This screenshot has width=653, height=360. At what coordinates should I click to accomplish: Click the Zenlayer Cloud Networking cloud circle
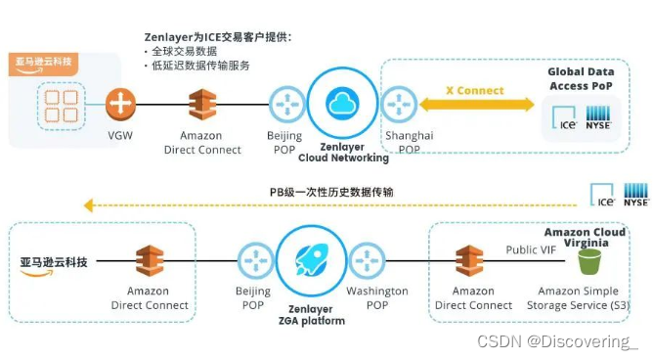tap(342, 103)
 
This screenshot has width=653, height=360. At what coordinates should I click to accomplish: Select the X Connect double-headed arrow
tap(475, 105)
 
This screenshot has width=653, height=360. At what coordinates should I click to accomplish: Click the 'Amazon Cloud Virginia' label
tap(598, 239)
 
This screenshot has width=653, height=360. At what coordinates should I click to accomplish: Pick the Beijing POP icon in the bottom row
tap(253, 261)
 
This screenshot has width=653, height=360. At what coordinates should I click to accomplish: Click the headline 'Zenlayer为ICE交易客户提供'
tap(217, 37)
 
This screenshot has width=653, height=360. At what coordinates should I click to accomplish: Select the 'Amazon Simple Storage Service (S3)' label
tap(580, 297)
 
